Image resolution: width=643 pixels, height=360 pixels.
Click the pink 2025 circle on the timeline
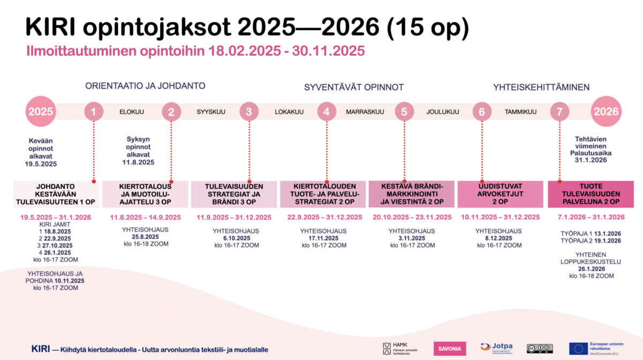(x=41, y=112)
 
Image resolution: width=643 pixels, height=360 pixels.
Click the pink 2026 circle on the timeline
(x=606, y=112)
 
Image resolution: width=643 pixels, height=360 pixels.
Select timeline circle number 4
(x=326, y=112)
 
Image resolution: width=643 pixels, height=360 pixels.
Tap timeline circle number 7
(x=559, y=112)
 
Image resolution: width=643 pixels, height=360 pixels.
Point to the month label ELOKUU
(x=132, y=112)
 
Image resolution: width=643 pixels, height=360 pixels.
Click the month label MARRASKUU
(x=365, y=112)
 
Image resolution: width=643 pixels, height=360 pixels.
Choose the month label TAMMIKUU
(x=520, y=112)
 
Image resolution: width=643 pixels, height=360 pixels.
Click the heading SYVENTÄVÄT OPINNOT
(x=354, y=87)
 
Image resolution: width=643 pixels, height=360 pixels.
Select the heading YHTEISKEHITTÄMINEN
(x=541, y=87)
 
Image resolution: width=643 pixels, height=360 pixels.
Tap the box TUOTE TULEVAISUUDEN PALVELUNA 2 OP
(x=590, y=194)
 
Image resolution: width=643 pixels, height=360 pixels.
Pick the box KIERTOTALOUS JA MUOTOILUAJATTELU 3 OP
(x=145, y=194)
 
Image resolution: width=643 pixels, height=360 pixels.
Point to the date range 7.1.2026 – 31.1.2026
(x=590, y=217)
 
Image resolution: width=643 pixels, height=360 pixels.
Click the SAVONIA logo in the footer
(x=450, y=349)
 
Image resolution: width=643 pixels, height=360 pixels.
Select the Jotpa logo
(x=496, y=348)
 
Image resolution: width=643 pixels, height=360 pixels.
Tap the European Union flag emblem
(x=578, y=349)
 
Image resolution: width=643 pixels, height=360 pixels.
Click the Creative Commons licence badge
(x=539, y=349)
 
